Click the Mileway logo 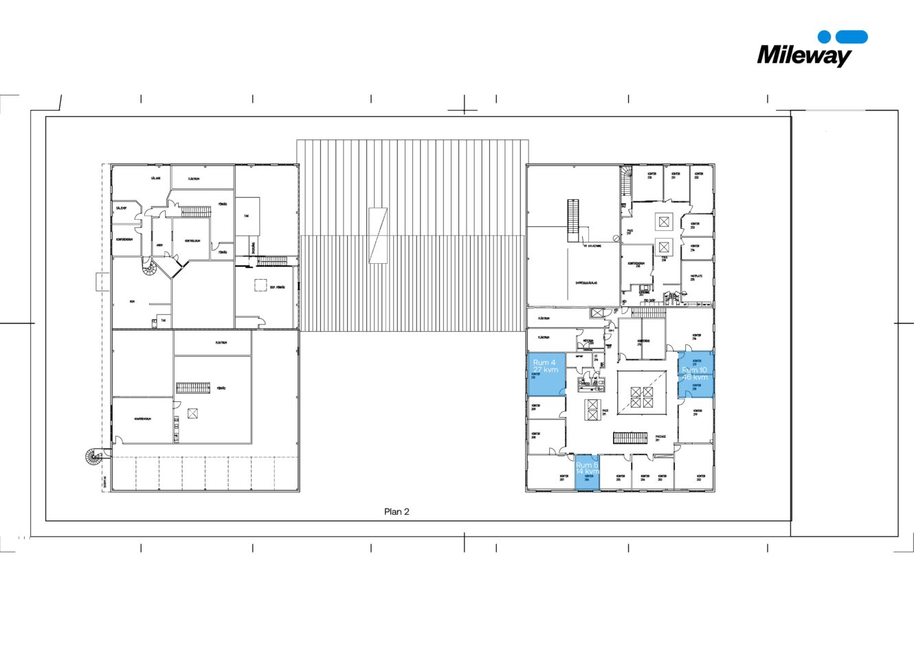pyautogui.click(x=811, y=49)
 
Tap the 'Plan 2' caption pyautogui.click(x=397, y=512)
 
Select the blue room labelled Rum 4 pyautogui.click(x=546, y=374)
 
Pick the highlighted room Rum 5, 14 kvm pyautogui.click(x=587, y=472)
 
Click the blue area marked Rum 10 pyautogui.click(x=695, y=375)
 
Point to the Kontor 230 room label pyautogui.click(x=651, y=176)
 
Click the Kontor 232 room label pyautogui.click(x=698, y=176)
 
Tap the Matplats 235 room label pyautogui.click(x=696, y=278)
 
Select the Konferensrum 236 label pyautogui.click(x=636, y=265)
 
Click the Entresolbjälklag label pyautogui.click(x=586, y=282)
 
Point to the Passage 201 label pyautogui.click(x=661, y=438)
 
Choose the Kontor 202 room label pyautogui.click(x=700, y=477)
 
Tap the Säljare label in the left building pyautogui.click(x=156, y=179)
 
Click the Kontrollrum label pyautogui.click(x=192, y=241)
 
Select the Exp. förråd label pyautogui.click(x=277, y=287)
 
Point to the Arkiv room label pyautogui.click(x=159, y=245)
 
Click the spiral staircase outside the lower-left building pyautogui.click(x=93, y=456)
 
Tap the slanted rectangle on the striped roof pyautogui.click(x=378, y=235)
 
